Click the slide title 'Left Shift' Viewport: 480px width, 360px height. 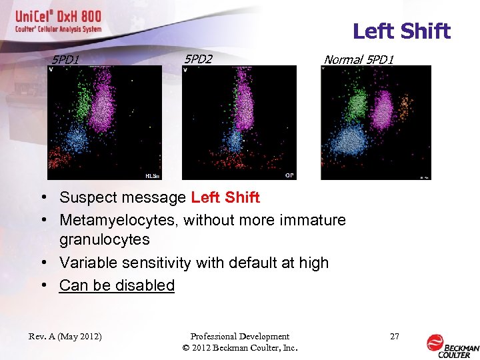pyautogui.click(x=401, y=31)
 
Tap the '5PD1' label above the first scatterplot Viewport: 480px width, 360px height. pyautogui.click(x=66, y=60)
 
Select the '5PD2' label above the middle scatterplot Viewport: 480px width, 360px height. pyautogui.click(x=198, y=59)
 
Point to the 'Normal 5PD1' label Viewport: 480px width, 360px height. pyautogui.click(x=359, y=60)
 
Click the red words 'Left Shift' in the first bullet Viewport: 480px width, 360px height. pyautogui.click(x=225, y=197)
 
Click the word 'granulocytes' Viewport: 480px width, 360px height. pyautogui.click(x=105, y=239)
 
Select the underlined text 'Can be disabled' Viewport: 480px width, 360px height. pyautogui.click(x=117, y=285)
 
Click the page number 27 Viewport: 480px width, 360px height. pyautogui.click(x=395, y=337)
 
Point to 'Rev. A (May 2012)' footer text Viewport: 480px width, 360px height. pyautogui.click(x=65, y=337)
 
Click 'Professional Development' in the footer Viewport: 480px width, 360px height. pyautogui.click(x=239, y=337)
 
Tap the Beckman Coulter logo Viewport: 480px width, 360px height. pyautogui.click(x=452, y=343)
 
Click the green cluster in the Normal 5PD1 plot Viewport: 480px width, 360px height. pyautogui.click(x=356, y=103)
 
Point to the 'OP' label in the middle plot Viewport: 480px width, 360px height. pyautogui.click(x=289, y=175)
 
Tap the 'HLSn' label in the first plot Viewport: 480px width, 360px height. pyautogui.click(x=153, y=176)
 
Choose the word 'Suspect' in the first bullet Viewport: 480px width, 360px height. pyautogui.click(x=87, y=197)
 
